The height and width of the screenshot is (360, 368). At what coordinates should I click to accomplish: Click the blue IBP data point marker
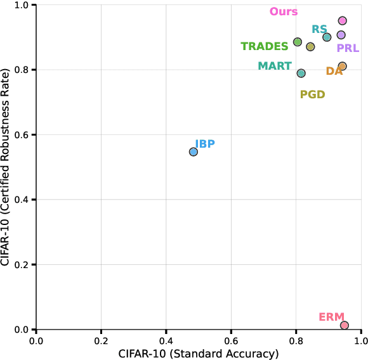194,152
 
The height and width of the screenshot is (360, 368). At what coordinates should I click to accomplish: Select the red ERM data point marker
345,325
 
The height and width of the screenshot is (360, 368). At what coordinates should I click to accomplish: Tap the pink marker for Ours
343,21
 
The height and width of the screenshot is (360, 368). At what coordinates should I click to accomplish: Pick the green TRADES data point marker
298,42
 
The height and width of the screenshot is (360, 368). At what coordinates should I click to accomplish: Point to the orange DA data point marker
343,66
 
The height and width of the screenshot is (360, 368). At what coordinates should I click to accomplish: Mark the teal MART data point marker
301,74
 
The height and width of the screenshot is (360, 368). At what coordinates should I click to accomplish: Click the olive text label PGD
312,95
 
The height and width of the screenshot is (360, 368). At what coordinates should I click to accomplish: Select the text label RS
319,29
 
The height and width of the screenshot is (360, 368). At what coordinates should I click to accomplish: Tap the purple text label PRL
348,48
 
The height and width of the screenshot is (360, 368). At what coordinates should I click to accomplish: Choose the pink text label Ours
284,11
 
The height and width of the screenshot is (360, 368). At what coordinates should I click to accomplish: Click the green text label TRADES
264,46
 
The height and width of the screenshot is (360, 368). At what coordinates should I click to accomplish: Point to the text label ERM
331,316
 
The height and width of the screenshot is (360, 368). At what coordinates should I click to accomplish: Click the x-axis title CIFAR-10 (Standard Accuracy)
199,353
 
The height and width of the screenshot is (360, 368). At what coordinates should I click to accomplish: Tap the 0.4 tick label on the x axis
166,340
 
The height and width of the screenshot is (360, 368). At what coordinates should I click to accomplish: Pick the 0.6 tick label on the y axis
22,135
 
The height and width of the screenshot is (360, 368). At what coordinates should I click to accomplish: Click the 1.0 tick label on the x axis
361,340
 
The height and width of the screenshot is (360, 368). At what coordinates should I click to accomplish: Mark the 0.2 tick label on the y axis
22,265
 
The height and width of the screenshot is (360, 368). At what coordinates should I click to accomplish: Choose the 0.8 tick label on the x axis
296,340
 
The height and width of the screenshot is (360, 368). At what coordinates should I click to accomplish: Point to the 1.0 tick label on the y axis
22,5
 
